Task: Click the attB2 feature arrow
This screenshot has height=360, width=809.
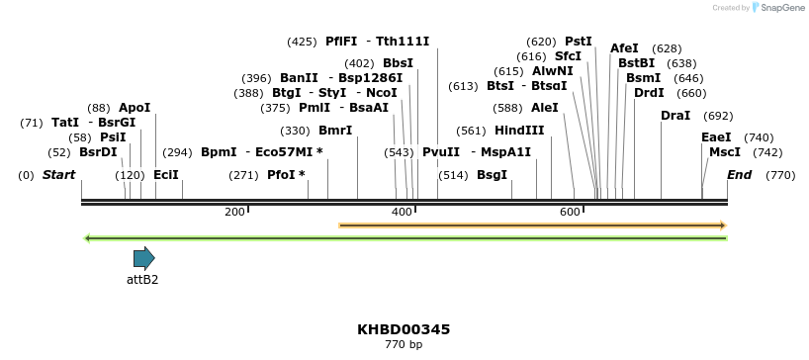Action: [x=144, y=258]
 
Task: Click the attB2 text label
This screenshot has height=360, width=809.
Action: [x=142, y=280]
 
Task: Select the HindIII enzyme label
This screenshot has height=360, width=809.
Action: [x=519, y=131]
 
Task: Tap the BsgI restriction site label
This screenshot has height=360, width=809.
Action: [x=492, y=175]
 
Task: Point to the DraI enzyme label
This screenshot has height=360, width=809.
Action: [x=675, y=116]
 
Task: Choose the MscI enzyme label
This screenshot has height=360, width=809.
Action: [x=725, y=152]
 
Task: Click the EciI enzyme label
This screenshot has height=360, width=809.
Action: [x=166, y=175]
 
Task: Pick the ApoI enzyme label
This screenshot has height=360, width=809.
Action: [x=135, y=108]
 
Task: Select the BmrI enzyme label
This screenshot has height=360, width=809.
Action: [x=335, y=131]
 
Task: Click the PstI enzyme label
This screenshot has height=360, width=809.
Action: [x=579, y=42]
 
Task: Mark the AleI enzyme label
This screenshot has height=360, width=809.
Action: [x=545, y=108]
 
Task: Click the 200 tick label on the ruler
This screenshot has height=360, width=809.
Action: [x=234, y=213]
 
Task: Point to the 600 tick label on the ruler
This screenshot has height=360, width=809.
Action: [x=570, y=213]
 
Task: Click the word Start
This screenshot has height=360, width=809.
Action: [x=58, y=175]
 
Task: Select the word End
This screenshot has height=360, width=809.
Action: [x=739, y=175]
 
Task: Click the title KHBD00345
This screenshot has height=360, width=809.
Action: [x=404, y=328]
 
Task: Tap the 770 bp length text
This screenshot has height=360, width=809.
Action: [x=404, y=345]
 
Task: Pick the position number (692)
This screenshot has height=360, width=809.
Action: [x=718, y=116]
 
